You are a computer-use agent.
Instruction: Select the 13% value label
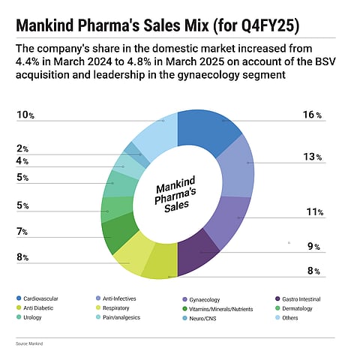pyautogui.click(x=313, y=157)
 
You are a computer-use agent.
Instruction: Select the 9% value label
pyautogui.click(x=313, y=246)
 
